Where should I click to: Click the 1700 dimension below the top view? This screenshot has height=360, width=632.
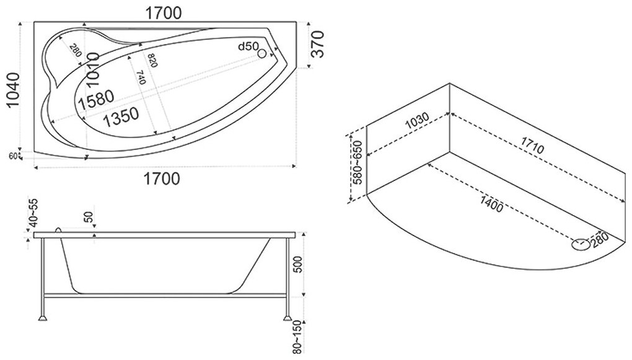(x=162, y=179)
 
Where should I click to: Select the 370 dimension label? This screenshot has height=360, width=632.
(x=317, y=43)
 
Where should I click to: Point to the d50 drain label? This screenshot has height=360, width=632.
(x=250, y=48)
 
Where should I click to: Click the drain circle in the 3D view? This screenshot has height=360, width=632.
(x=581, y=245)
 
